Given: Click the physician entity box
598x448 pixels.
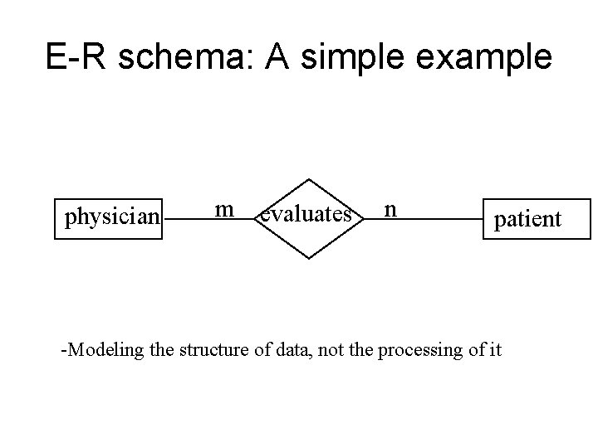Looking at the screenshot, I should click(110, 218).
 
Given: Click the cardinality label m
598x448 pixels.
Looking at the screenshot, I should click(223, 209).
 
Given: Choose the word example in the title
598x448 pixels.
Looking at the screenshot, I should click(490, 57).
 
